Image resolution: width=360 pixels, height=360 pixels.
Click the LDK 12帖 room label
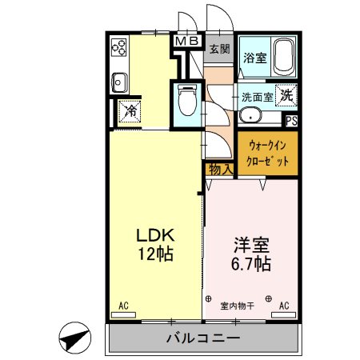point(154,246)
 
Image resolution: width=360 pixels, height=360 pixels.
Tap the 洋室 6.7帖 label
point(251,253)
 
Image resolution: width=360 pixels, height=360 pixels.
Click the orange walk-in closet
point(266,152)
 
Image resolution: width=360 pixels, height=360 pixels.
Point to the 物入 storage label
point(219,169)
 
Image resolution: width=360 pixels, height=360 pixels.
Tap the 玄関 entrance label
point(219,50)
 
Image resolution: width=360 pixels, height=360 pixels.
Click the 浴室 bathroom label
point(255,58)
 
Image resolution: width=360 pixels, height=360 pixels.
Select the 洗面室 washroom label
point(258,96)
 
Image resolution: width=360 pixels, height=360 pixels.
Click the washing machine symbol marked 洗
point(286,94)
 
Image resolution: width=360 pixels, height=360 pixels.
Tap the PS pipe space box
point(292,122)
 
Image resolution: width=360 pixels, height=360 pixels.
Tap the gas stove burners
point(120,49)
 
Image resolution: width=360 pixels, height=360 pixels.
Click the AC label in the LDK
point(124,305)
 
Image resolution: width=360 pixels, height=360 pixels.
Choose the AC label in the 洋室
point(284,305)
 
